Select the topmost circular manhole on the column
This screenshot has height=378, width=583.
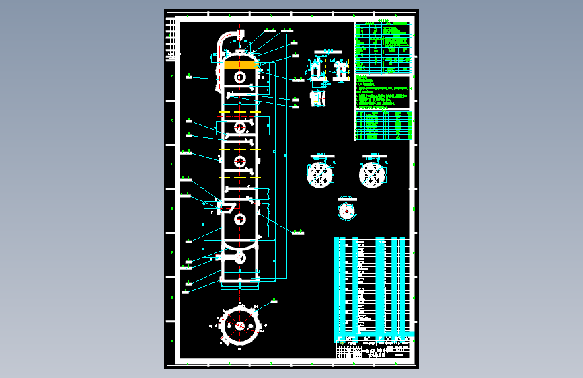tap(239, 77)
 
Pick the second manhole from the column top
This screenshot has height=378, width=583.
tap(239, 126)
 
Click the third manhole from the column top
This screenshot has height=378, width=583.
tap(239, 161)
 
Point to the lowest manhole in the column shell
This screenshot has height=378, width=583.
tap(239, 218)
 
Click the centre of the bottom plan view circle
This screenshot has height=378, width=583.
tap(239, 325)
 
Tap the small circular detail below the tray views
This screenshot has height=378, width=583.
tap(346, 211)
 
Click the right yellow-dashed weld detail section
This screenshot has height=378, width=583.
tap(340, 70)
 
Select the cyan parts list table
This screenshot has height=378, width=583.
tap(371, 285)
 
